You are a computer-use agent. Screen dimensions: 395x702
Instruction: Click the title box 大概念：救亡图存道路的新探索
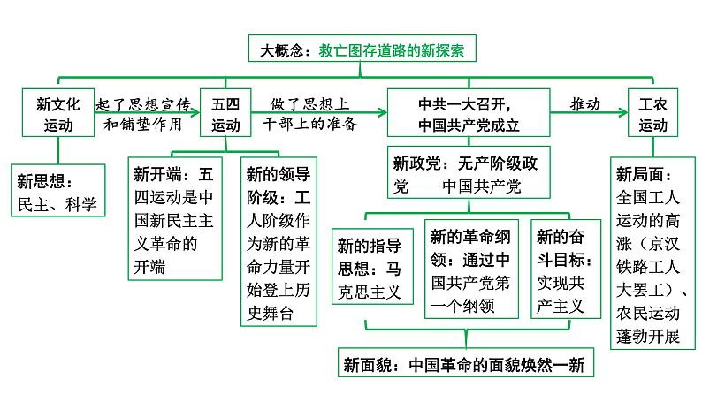click(x=362, y=51)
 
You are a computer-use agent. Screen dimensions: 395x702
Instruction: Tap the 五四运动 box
click(x=225, y=113)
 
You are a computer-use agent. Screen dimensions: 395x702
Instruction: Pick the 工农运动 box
click(x=653, y=113)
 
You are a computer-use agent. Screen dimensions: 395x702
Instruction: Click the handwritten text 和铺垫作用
click(x=144, y=124)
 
